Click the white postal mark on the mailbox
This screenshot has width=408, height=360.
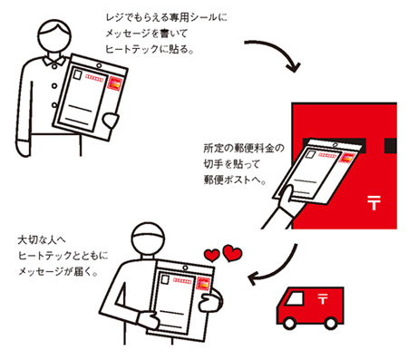[374, 202]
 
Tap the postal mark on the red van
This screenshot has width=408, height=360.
[323, 298]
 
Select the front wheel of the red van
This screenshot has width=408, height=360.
[289, 323]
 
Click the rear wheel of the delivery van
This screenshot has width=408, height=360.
[330, 323]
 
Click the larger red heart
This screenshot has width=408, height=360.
[232, 253]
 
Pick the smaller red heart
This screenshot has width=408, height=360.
[211, 256]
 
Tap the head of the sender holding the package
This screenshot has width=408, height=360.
[55, 36]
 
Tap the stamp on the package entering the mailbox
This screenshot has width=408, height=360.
[347, 158]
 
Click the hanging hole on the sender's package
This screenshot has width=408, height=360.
[99, 65]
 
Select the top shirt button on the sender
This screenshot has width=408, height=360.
[54, 66]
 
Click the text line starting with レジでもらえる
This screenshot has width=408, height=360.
[167, 18]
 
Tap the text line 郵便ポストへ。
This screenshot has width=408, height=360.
[235, 180]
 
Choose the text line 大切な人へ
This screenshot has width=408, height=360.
[42, 240]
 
